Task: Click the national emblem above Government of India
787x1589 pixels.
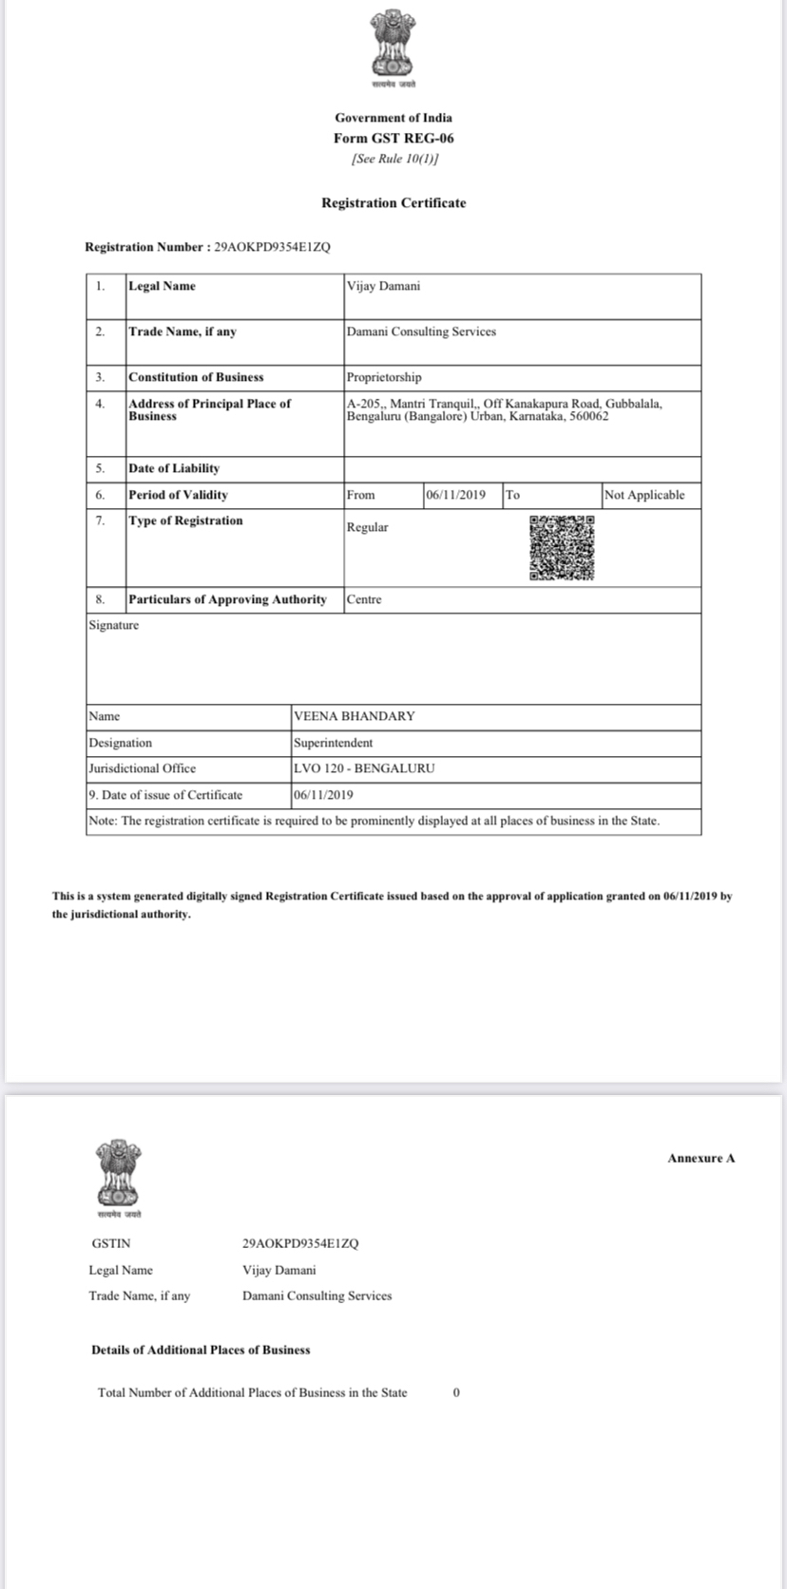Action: [x=393, y=45]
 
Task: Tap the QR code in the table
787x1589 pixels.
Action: [x=562, y=548]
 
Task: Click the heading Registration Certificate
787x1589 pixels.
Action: [x=393, y=203]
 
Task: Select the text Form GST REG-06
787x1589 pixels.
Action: [x=393, y=138]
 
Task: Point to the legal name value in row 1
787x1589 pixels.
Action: [x=383, y=286]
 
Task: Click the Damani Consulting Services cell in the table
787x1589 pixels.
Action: [x=421, y=331]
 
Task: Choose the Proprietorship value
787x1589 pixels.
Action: [x=384, y=377]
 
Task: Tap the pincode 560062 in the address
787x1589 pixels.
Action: [x=589, y=416]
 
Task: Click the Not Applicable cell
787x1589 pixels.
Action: [x=644, y=495]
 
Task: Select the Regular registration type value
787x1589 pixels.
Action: [x=367, y=527]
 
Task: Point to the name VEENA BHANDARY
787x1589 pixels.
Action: [x=354, y=716]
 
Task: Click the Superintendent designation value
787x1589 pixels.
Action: [x=333, y=743]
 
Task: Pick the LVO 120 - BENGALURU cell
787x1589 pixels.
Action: [x=364, y=768]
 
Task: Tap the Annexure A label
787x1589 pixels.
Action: [x=701, y=1158]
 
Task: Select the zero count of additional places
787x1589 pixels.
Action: [x=456, y=1392]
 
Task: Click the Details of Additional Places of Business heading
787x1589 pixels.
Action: [x=201, y=1350]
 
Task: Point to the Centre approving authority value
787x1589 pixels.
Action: [x=364, y=599]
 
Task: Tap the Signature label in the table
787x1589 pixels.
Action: [x=113, y=625]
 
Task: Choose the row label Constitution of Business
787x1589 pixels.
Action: [x=196, y=377]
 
